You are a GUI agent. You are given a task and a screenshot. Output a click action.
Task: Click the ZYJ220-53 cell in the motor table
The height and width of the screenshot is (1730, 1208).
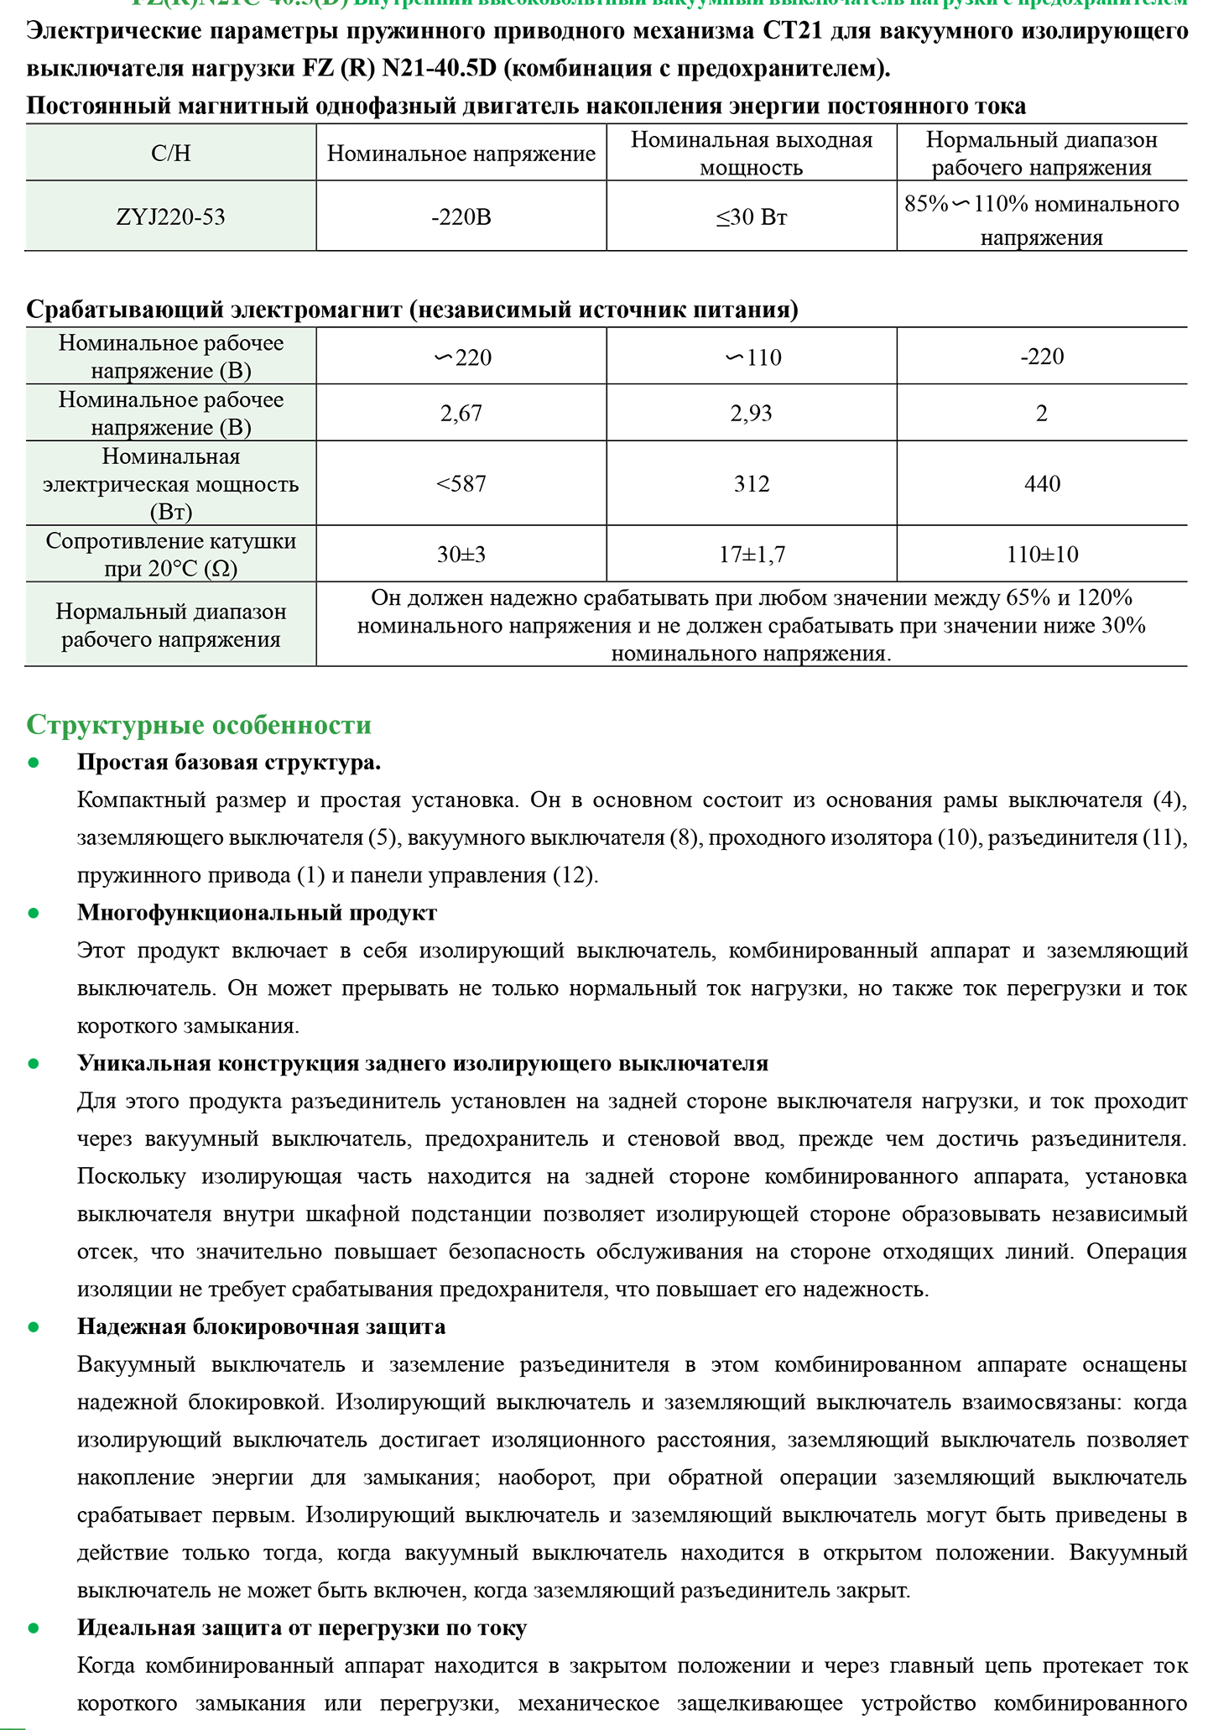170,217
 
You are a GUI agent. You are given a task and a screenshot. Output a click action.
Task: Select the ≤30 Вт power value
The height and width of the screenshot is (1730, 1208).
751,218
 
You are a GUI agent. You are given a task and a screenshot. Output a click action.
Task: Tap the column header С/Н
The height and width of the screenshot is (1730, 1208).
170,154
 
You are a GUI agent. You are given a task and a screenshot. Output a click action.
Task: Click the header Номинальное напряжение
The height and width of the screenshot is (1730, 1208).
461,154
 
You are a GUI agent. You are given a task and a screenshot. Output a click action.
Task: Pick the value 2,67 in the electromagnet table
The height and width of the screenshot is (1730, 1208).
461,413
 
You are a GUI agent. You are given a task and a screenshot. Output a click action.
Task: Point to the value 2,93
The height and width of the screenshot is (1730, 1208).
751,413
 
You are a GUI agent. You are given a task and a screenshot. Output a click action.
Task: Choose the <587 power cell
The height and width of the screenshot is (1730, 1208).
461,483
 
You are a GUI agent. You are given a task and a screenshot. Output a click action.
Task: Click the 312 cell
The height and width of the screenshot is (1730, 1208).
751,483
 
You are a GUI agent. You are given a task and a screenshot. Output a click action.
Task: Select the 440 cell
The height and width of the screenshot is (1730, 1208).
1042,483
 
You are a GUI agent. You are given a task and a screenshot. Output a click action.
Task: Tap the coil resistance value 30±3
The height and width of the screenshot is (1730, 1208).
461,555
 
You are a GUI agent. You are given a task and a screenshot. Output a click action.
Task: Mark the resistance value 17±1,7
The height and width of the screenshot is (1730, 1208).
751,555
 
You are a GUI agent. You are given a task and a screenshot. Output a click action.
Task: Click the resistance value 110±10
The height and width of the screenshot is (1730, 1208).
1042,555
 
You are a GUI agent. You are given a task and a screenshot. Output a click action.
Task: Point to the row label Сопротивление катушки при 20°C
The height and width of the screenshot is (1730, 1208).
170,555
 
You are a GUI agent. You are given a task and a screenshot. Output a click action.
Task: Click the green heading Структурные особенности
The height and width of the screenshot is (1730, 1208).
199,725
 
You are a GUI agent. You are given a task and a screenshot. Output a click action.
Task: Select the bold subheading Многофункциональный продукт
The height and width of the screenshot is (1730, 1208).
257,912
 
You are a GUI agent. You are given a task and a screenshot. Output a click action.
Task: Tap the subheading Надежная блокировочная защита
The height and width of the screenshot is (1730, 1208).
261,1326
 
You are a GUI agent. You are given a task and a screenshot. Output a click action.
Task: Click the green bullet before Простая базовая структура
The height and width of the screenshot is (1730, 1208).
34,763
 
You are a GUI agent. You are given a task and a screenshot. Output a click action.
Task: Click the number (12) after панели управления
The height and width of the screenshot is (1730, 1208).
574,875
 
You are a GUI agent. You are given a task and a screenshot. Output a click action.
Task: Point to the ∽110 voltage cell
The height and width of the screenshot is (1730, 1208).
752,357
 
